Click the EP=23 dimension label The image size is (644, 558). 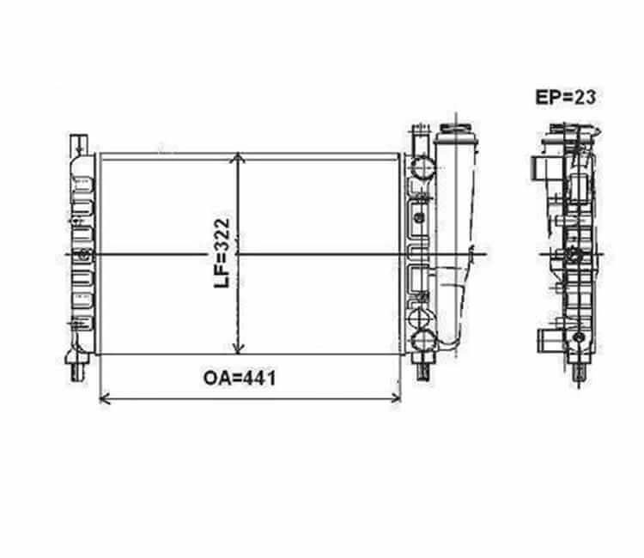pos(565,97)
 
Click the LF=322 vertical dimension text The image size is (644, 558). pos(222,253)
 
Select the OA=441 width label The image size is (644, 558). pos(240,379)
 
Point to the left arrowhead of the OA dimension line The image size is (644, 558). pos(104,398)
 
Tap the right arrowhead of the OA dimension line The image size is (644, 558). pos(397,398)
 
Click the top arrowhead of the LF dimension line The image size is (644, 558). pos(238,157)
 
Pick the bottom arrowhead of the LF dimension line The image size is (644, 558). pos(238,349)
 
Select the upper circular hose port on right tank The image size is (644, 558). pos(423,167)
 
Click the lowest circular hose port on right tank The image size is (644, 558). pos(422,341)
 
